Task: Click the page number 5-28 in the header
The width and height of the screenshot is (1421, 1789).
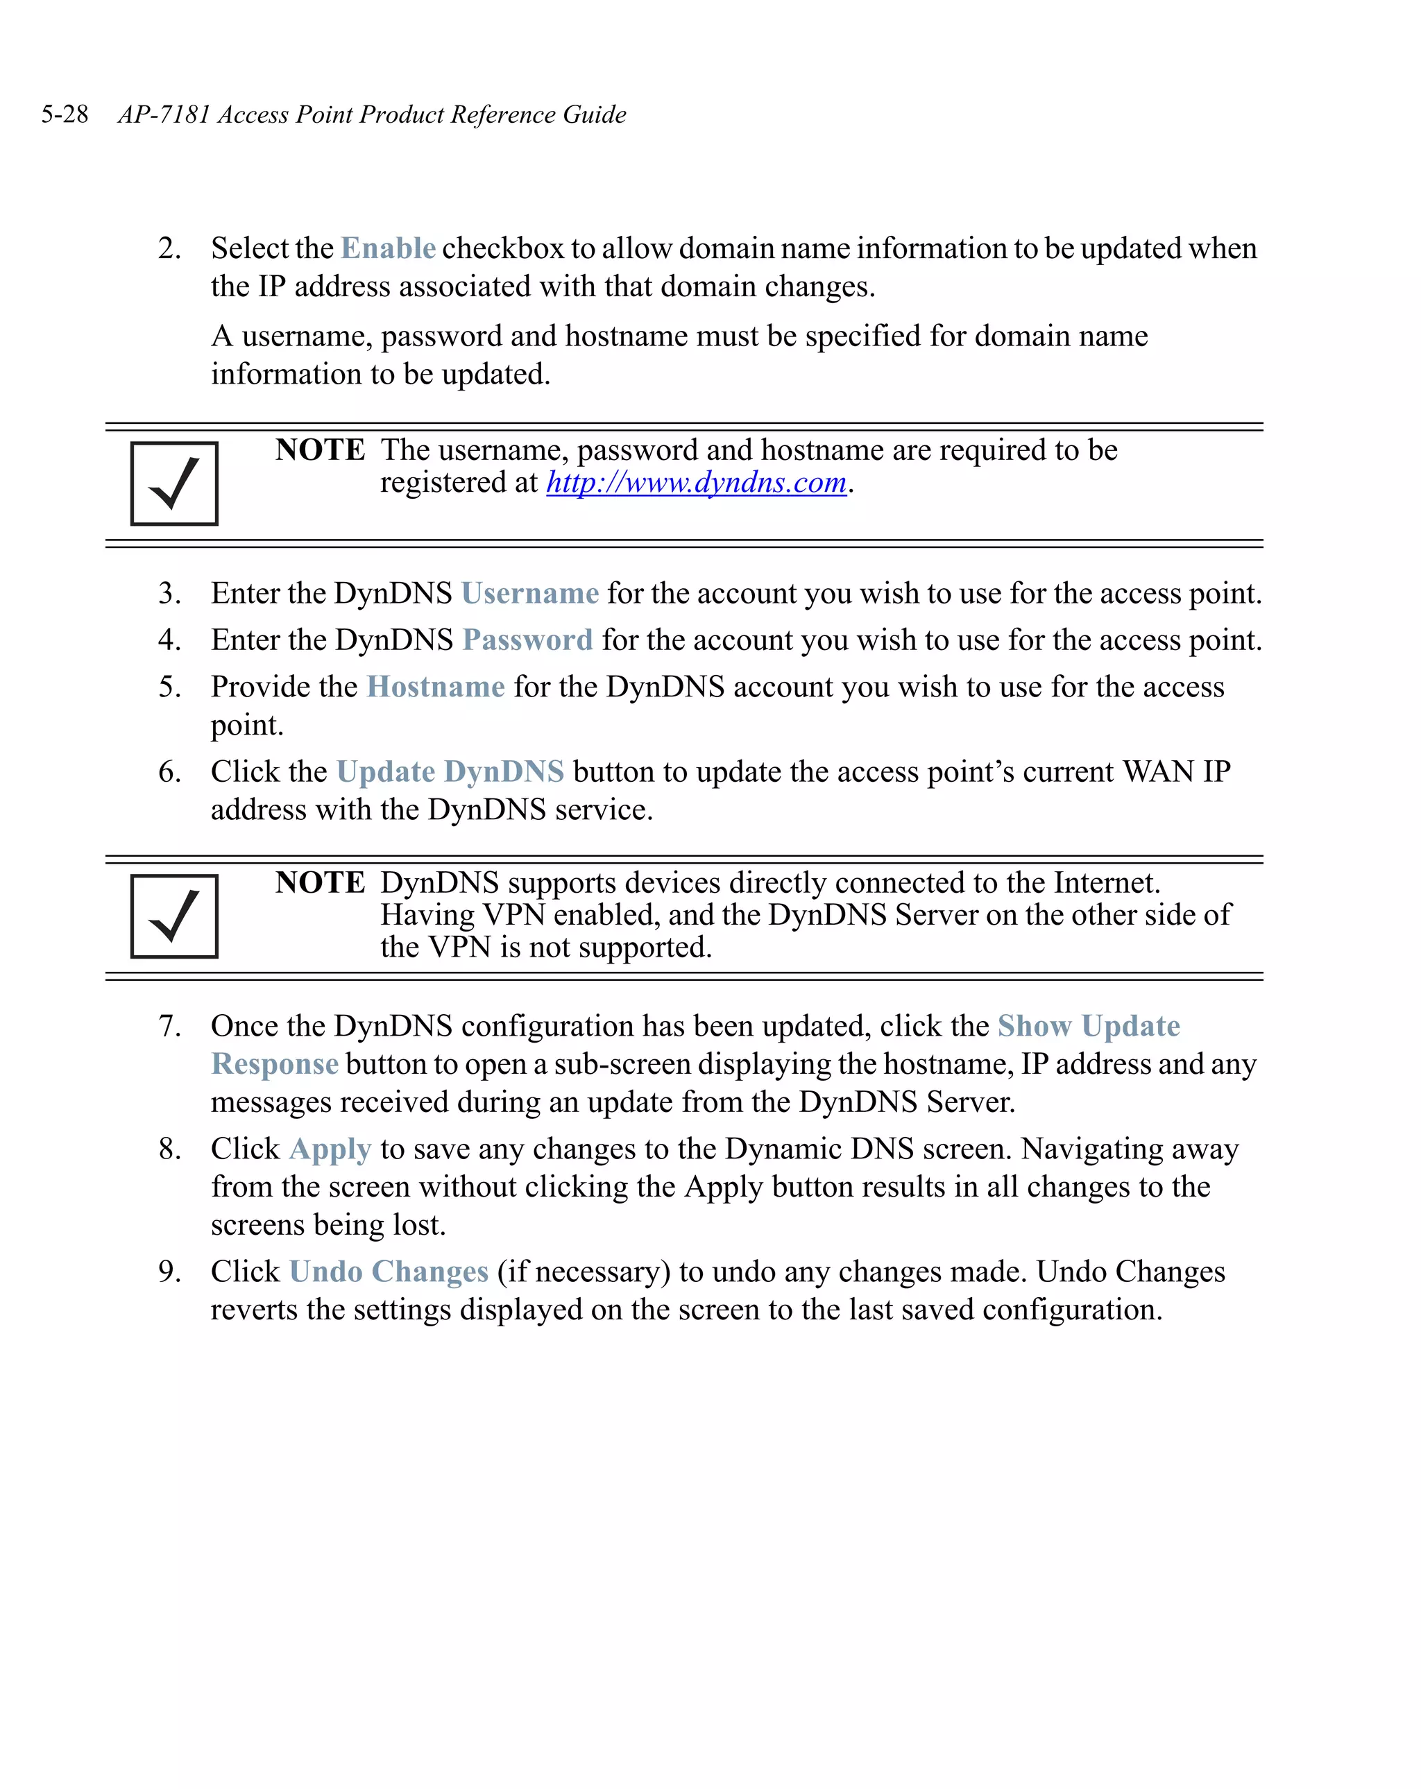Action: (65, 114)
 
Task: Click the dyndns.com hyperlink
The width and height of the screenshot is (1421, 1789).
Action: (695, 482)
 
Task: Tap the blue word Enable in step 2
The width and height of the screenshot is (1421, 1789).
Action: (388, 248)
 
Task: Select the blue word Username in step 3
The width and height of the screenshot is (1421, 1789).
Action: (529, 593)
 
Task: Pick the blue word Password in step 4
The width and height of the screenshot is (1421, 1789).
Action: (527, 640)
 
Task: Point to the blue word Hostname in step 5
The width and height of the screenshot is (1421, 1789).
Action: (436, 687)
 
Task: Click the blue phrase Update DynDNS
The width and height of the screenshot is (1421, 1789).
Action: (450, 771)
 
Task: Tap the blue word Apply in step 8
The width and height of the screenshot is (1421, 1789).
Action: (330, 1149)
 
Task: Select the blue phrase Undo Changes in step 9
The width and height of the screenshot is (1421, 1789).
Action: (389, 1272)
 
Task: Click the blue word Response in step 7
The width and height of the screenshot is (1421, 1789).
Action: (275, 1065)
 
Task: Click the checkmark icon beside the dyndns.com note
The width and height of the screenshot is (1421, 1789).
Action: (174, 483)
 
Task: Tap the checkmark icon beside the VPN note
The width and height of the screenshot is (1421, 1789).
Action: (174, 916)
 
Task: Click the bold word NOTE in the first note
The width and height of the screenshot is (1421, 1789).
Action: (320, 450)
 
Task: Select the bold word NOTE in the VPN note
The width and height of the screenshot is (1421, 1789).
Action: (320, 882)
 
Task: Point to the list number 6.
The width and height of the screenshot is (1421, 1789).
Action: (169, 771)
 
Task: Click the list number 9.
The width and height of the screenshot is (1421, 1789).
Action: (169, 1272)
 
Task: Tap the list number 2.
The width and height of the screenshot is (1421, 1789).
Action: (169, 248)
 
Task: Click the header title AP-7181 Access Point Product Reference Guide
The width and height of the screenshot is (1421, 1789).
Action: (372, 114)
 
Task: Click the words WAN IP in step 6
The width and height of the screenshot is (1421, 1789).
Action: (1176, 771)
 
